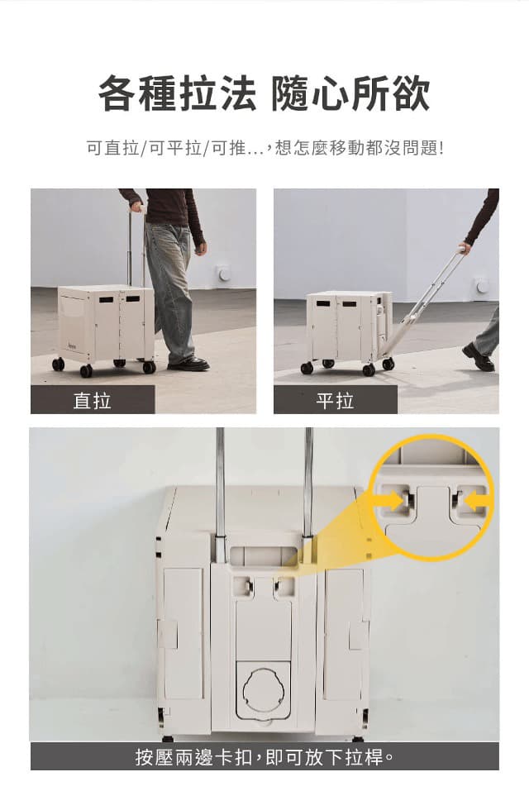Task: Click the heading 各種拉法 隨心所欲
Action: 264,93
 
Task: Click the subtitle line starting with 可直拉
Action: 264,148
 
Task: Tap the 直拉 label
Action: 92,400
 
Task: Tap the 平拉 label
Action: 336,400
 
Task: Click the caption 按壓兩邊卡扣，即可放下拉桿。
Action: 264,757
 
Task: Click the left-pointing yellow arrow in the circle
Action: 476,501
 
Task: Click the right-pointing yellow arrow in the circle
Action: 393,501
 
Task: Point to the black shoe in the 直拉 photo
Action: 188,364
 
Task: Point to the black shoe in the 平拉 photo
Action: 479,357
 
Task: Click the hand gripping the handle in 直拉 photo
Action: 138,207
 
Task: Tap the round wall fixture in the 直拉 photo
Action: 224,273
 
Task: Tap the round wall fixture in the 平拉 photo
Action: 481,285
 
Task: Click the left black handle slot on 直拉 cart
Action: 107,299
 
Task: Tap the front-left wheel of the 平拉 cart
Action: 307,368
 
